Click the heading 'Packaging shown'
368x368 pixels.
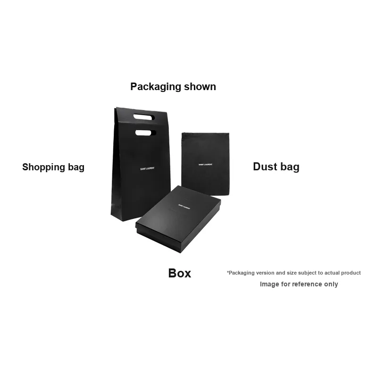(x=173, y=87)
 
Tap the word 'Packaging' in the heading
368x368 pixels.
(x=156, y=87)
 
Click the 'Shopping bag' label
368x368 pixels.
(x=53, y=167)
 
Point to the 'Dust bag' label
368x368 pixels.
(x=276, y=167)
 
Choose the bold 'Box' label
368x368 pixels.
(x=180, y=273)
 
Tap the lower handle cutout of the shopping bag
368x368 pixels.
(x=143, y=133)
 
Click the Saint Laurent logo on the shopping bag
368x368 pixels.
(x=147, y=168)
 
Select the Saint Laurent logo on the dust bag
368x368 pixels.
(x=205, y=165)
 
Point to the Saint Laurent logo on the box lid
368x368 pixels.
(x=184, y=206)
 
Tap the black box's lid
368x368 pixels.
(x=178, y=215)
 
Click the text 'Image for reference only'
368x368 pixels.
(x=299, y=284)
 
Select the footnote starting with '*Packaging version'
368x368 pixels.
(x=293, y=273)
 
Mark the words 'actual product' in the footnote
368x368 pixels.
(x=343, y=273)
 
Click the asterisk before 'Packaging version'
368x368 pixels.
(x=228, y=272)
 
